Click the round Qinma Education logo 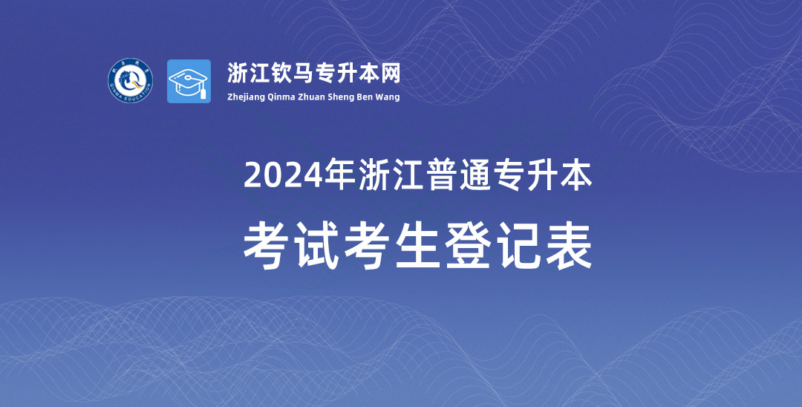pos(130,80)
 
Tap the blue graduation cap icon pos(189,81)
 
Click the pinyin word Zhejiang pos(246,97)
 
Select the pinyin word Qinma pos(281,97)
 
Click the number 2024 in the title pos(284,175)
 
